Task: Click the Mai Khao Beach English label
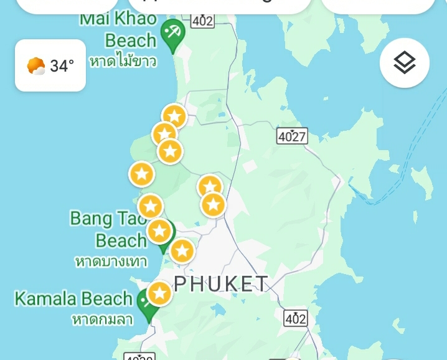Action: point(118,30)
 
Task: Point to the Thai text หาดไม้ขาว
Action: point(123,61)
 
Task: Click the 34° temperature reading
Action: point(62,65)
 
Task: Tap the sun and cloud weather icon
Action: point(36,65)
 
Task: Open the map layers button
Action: point(405,63)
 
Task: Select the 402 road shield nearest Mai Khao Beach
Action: point(202,20)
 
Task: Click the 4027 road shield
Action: point(292,135)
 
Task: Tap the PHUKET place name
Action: point(221,284)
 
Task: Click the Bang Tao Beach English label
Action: point(109,229)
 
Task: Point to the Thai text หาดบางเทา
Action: point(111,261)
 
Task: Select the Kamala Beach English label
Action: point(73,298)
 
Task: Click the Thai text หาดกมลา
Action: point(103,319)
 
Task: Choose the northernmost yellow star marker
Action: point(174,116)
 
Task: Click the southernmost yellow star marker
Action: point(159,293)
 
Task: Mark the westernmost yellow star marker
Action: point(141,174)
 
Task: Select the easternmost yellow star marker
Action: point(213,204)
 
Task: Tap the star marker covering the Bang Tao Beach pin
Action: point(159,231)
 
